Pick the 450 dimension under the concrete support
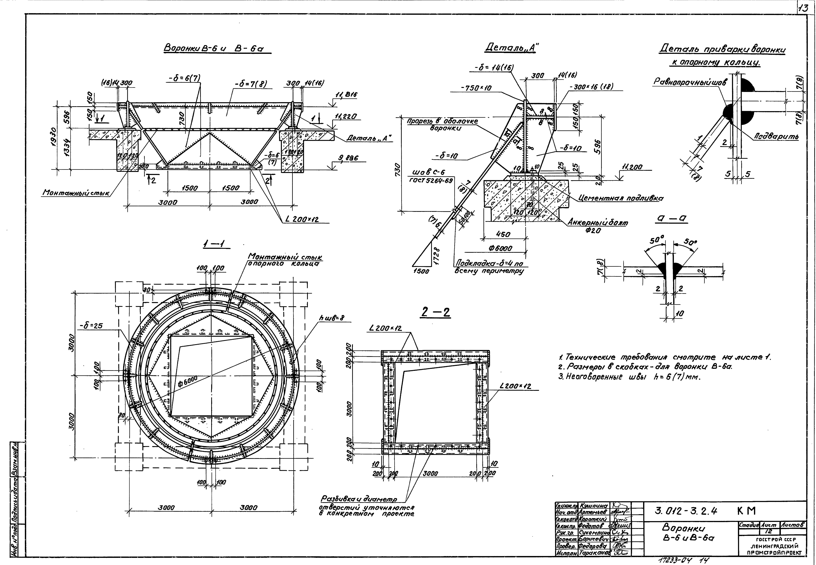[x=503, y=234]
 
